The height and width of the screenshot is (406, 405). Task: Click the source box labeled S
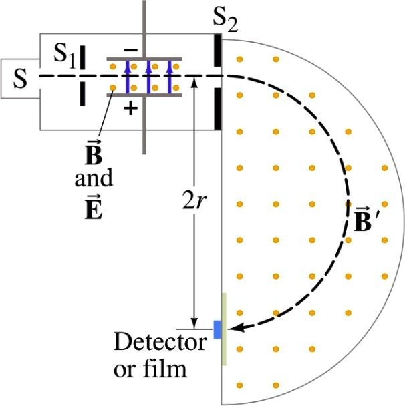click(x=20, y=79)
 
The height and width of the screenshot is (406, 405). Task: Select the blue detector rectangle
click(x=217, y=329)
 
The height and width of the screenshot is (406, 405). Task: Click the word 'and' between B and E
click(x=94, y=179)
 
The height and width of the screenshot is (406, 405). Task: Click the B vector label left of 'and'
click(x=94, y=153)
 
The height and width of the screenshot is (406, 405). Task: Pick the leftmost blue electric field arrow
click(x=126, y=76)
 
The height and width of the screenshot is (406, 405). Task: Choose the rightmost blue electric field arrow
click(x=170, y=76)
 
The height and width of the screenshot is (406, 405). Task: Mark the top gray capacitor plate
click(x=144, y=59)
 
